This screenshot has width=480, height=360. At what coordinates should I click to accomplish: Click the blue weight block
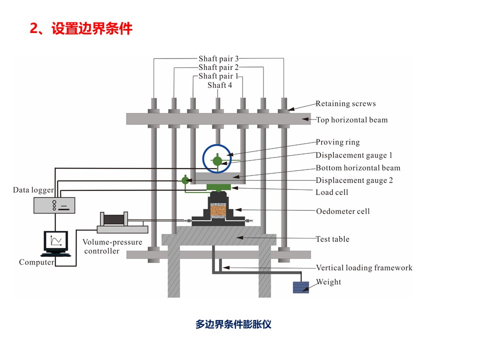coord(301,287)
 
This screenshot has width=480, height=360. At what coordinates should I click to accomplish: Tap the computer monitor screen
coord(55,240)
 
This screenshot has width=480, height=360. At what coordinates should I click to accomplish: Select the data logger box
coord(54,205)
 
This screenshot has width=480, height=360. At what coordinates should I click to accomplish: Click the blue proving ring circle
coord(203,158)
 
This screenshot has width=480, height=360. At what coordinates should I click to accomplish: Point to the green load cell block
coord(218,187)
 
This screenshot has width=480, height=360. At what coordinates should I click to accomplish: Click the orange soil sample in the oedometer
coord(218,211)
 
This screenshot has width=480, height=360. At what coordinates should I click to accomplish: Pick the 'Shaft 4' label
coord(220,85)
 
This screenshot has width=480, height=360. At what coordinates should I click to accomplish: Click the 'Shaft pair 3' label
coord(218,58)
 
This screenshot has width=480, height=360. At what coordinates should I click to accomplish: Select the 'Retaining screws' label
coord(345,103)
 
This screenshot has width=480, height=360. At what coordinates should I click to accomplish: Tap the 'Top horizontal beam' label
coord(351,119)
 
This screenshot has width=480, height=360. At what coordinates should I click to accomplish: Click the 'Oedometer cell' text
coord(343,211)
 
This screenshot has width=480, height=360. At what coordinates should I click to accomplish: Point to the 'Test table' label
coord(332,239)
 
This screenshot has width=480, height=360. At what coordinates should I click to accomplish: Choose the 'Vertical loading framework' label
coord(364,268)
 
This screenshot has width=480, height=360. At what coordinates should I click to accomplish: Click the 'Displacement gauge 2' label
coord(354,180)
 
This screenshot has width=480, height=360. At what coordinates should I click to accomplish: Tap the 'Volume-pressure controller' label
coord(112,246)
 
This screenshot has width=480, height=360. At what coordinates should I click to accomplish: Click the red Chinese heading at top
coord(81,28)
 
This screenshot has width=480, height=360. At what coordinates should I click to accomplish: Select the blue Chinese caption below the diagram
coord(233,324)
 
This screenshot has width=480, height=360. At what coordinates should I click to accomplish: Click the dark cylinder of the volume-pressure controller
coord(114,219)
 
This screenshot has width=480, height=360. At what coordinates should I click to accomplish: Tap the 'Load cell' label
coord(332,192)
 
